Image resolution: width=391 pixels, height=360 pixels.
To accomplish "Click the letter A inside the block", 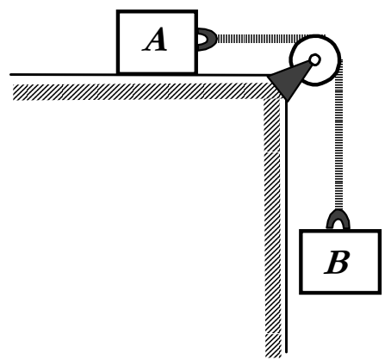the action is click(155, 40).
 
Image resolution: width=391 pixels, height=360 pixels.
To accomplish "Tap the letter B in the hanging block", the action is click(337, 262).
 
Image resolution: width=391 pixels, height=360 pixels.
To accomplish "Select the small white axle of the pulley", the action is click(314, 59).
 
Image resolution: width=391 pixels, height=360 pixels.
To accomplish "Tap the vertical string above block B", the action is click(338, 135).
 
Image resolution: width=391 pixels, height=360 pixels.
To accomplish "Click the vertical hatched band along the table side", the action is click(272, 227).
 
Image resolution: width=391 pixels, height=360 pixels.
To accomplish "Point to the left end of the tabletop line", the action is click(10, 74).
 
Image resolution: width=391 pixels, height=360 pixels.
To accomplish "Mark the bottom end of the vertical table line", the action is click(286, 352).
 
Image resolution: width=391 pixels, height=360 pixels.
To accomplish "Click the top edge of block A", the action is click(157, 11).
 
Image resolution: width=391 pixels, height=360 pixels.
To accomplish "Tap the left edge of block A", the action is click(118, 42).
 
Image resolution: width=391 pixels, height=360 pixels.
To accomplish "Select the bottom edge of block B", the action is click(340, 292).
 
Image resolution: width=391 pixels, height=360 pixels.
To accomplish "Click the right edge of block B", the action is click(380, 262).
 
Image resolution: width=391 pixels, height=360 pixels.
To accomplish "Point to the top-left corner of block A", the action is click(116, 10).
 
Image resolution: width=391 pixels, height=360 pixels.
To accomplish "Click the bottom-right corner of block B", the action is click(381, 294).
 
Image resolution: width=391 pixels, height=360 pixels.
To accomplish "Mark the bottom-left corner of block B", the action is click(300, 294).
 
